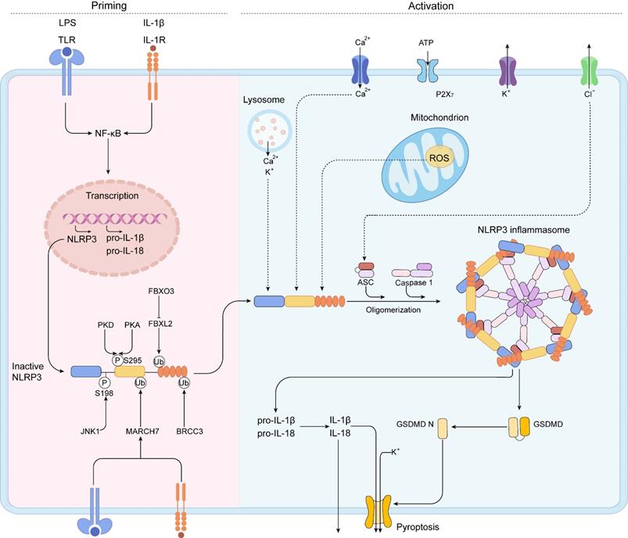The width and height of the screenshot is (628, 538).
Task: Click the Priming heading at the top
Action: tap(109, 6)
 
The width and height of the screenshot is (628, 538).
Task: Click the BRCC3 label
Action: tap(185, 430)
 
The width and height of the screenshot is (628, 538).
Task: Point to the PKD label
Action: tap(106, 324)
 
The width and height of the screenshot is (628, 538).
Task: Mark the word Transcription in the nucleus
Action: tap(109, 197)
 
